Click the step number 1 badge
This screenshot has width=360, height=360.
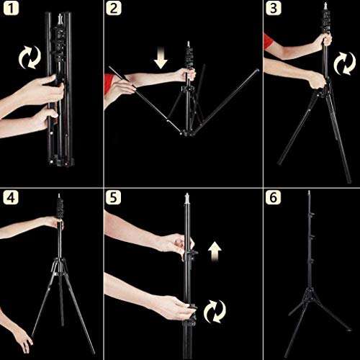click(x=11, y=8)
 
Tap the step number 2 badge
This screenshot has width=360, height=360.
click(x=113, y=8)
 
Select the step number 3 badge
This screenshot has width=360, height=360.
click(x=274, y=8)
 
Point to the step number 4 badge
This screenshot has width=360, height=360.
click(x=11, y=197)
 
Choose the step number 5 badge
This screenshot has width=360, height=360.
click(x=113, y=197)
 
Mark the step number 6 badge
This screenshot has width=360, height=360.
click(x=274, y=197)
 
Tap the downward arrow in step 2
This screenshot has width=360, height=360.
click(x=161, y=57)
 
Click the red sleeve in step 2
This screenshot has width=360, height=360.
click(x=109, y=84)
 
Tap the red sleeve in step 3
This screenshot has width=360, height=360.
click(x=268, y=41)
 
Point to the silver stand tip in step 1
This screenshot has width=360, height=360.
click(x=60, y=19)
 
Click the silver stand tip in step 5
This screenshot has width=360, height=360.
click(x=187, y=199)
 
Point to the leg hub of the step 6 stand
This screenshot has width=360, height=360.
click(x=310, y=294)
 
